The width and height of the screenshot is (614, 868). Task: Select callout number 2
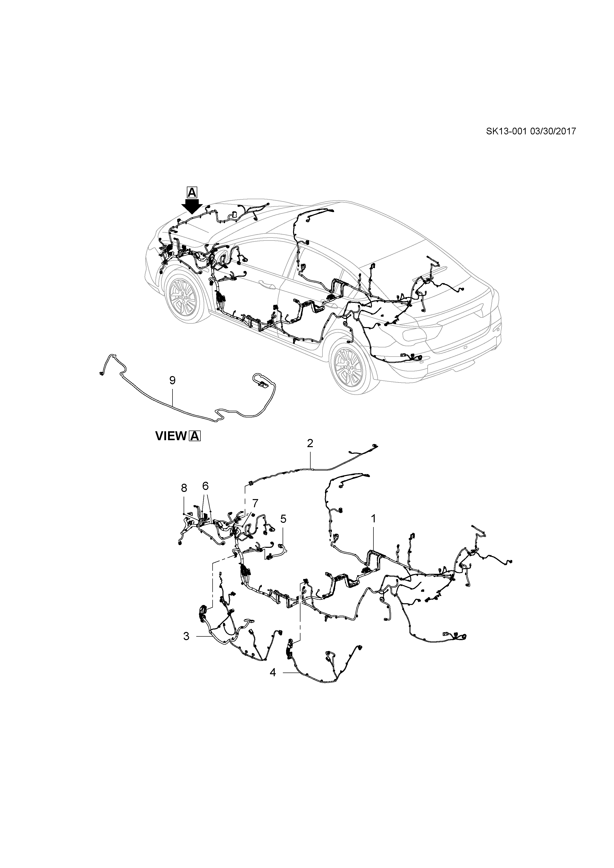pos(310,443)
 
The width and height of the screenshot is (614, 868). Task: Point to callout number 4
pos(273,673)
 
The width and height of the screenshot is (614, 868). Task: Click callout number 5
pos(283,519)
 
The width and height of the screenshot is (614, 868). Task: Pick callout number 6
pos(205,486)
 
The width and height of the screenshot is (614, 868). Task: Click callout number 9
pos(172,380)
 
